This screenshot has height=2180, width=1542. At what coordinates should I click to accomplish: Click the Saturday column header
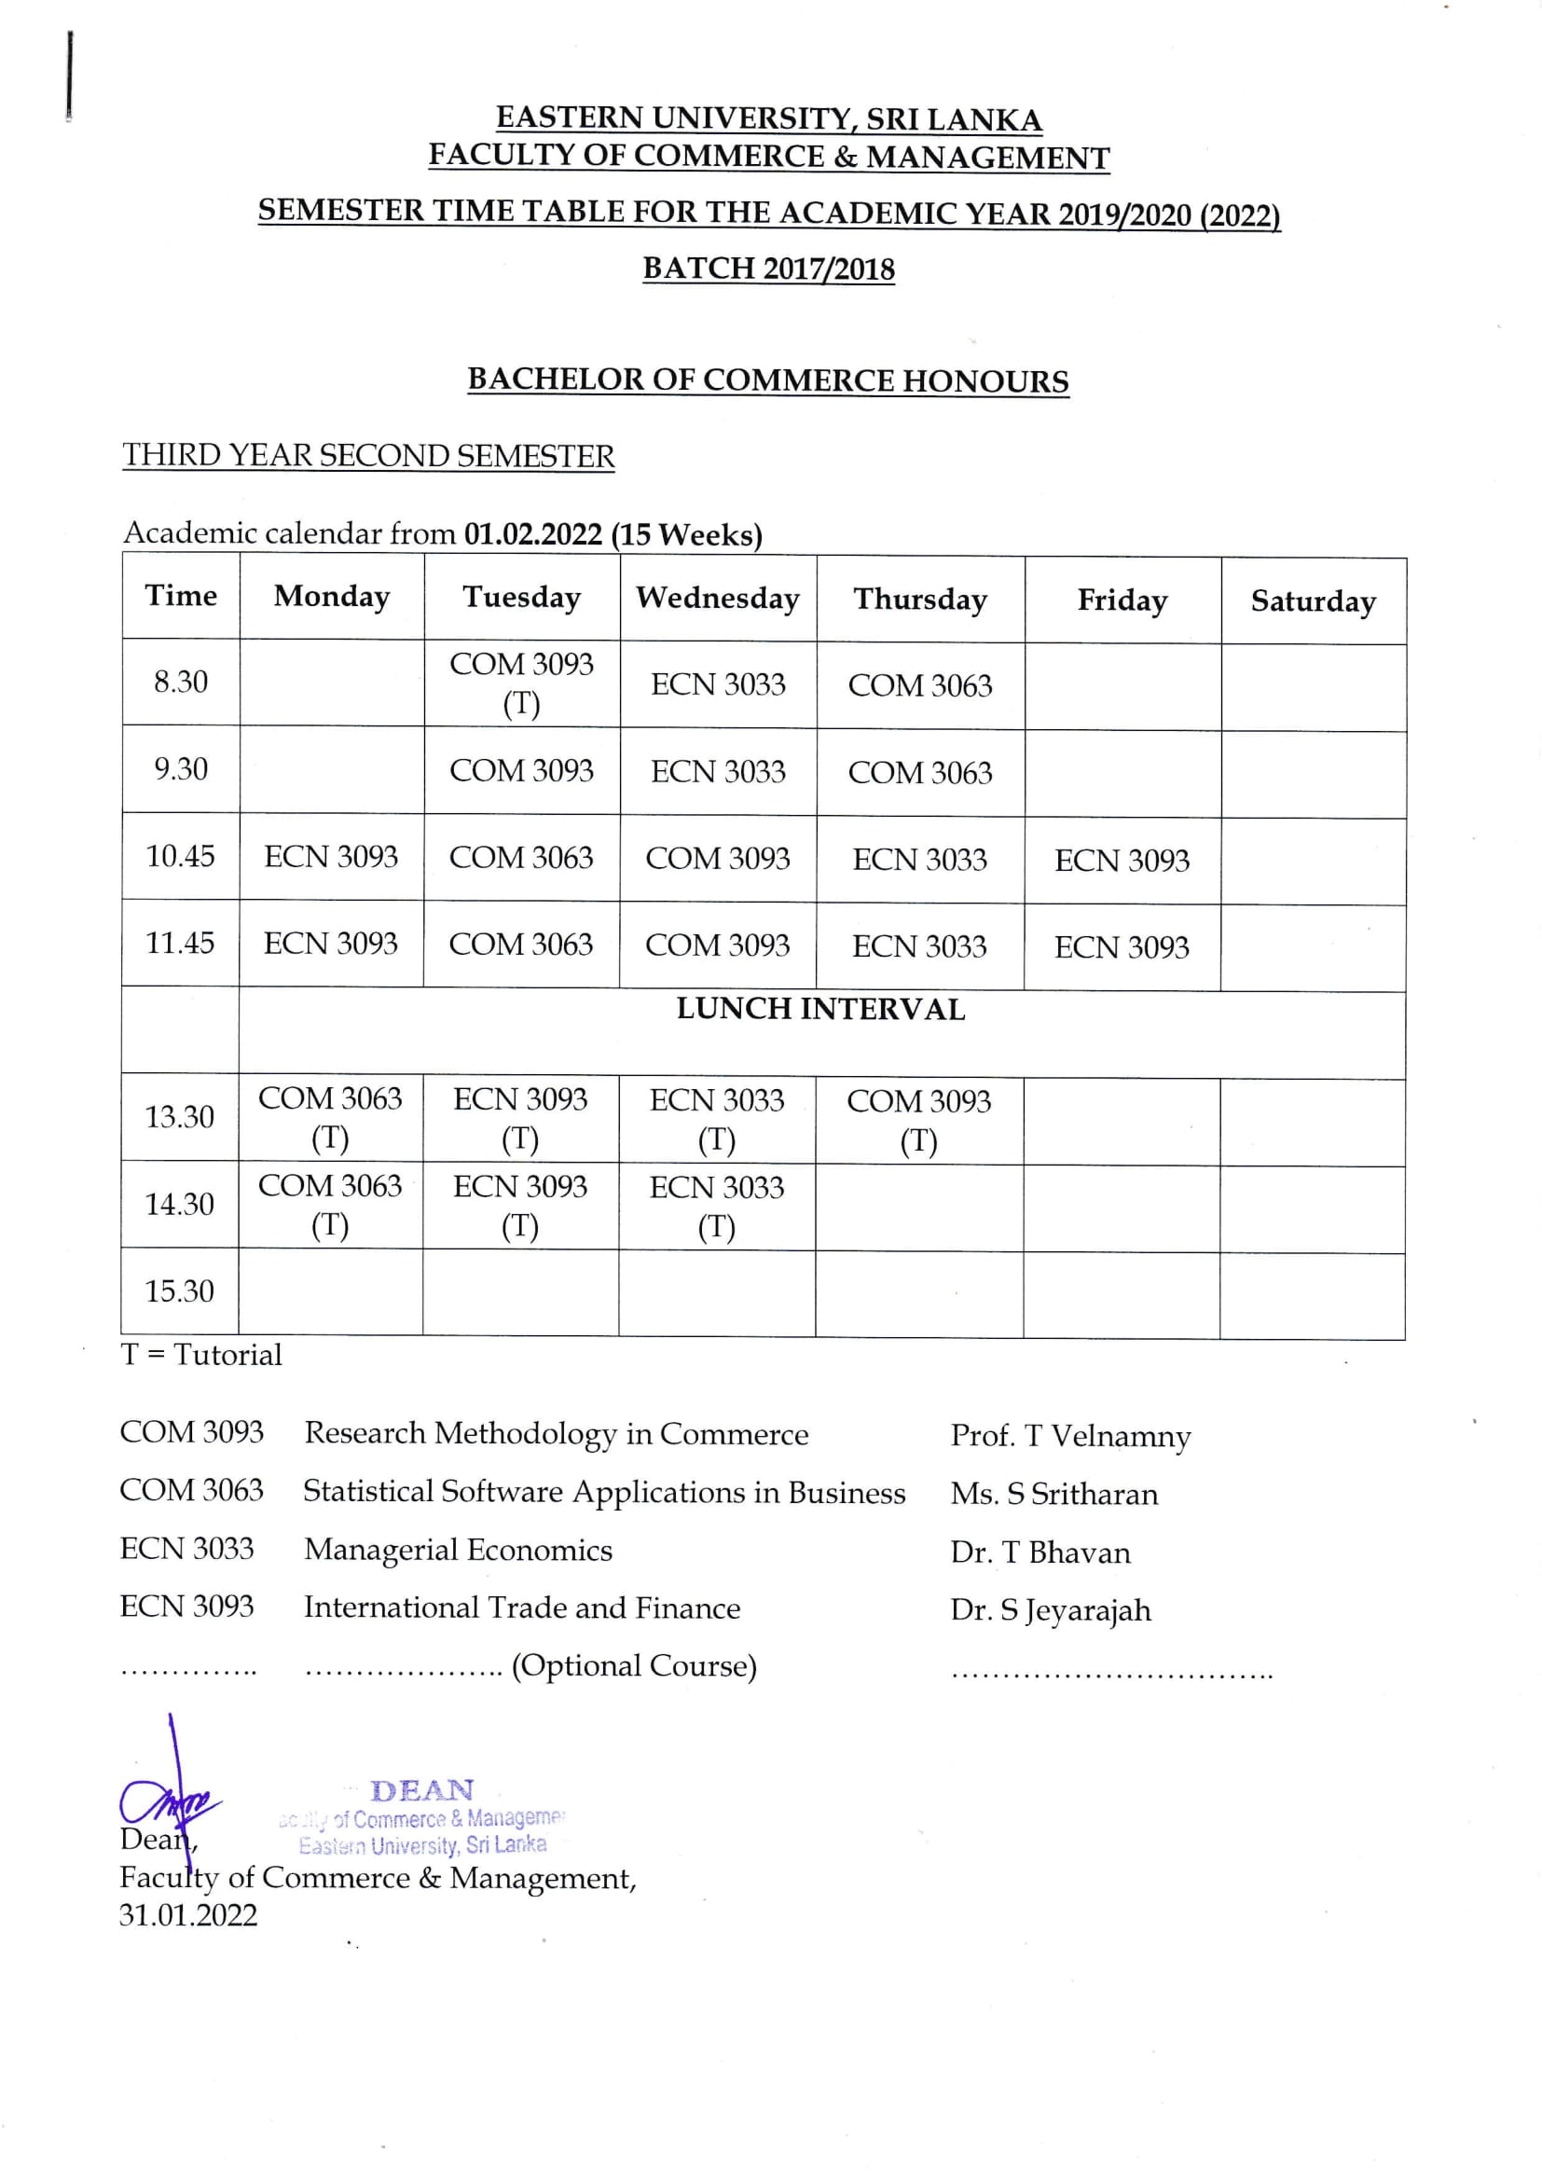tap(1313, 601)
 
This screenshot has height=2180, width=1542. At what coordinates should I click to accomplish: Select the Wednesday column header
tap(718, 599)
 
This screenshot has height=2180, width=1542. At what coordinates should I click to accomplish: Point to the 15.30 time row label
tap(179, 1291)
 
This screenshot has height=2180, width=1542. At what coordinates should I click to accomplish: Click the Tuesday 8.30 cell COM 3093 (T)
tap(521, 683)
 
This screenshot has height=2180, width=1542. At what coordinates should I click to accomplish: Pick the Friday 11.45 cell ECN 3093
tap(1122, 947)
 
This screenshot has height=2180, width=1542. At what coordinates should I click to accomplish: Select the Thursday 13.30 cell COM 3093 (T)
tap(918, 1120)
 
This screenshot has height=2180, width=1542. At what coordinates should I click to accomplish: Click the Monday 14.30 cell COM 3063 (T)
tap(329, 1205)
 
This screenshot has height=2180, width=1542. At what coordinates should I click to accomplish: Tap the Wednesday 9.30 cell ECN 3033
tap(718, 771)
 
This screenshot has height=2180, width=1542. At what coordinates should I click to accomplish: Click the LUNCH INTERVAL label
tap(820, 1009)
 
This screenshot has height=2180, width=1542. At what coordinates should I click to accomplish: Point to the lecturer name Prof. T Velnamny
tap(1070, 1437)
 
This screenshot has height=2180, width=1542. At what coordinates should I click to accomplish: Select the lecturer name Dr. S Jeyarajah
tap(1050, 1610)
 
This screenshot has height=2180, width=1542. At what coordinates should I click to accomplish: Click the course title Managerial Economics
tap(458, 1551)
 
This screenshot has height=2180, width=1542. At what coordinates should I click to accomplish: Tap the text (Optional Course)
tap(633, 1666)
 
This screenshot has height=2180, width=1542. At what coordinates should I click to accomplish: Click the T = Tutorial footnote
tap(201, 1355)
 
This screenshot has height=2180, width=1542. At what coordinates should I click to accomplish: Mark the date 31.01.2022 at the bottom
tap(188, 1915)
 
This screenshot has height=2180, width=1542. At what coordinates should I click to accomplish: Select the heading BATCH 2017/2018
tap(768, 269)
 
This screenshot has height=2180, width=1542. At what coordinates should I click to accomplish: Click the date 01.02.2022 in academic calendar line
tap(532, 534)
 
